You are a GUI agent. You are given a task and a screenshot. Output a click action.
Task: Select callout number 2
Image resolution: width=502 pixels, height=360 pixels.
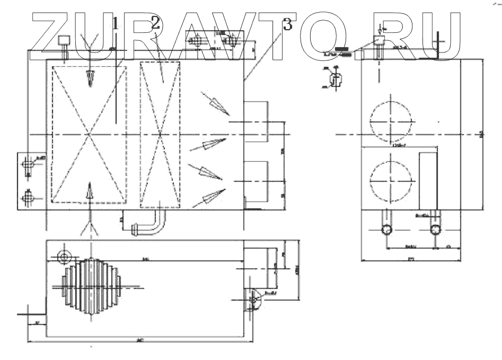[x=155, y=22]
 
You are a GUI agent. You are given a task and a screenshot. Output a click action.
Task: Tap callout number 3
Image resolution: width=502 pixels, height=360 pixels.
[x=288, y=24]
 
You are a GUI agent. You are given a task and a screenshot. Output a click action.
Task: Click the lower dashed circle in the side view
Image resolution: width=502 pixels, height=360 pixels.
[x=391, y=180]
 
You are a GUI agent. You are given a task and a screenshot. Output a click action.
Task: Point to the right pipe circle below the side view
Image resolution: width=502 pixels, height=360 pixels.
[x=436, y=229]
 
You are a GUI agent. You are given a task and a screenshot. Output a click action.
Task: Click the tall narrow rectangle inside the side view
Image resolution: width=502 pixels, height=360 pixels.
[x=428, y=180]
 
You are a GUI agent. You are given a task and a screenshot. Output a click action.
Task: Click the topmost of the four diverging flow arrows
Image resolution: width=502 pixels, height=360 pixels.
[x=214, y=104]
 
